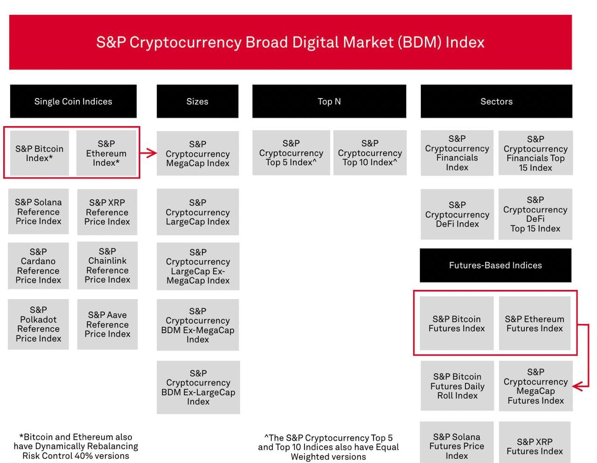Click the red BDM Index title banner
(x=290, y=42)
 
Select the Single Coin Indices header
(x=73, y=101)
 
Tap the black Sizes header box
(x=197, y=101)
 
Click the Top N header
(x=329, y=101)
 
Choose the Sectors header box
(x=496, y=101)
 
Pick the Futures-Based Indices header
(x=495, y=265)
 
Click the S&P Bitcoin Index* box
(x=39, y=153)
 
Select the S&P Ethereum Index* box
(x=106, y=153)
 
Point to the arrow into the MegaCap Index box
(x=149, y=153)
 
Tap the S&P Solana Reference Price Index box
(x=38, y=211)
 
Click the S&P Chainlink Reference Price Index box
(x=107, y=265)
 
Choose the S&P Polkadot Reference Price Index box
(x=38, y=324)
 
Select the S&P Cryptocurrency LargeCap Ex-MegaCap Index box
(x=198, y=266)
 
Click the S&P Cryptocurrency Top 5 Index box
(x=291, y=153)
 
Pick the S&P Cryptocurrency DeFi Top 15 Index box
(x=535, y=214)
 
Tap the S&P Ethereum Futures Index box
(x=535, y=323)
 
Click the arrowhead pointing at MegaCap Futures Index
(x=578, y=386)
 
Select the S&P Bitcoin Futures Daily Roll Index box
(x=457, y=386)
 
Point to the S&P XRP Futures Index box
(x=535, y=446)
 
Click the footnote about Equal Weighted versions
(x=328, y=447)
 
